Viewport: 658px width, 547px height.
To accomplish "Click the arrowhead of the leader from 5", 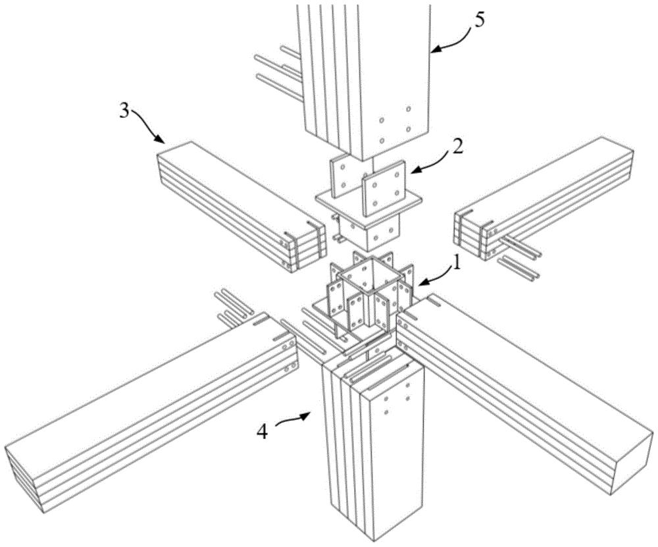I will click(432, 49).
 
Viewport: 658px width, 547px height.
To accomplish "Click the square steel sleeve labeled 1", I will click(368, 296).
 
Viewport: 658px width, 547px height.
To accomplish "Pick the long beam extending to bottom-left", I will click(145, 408).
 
